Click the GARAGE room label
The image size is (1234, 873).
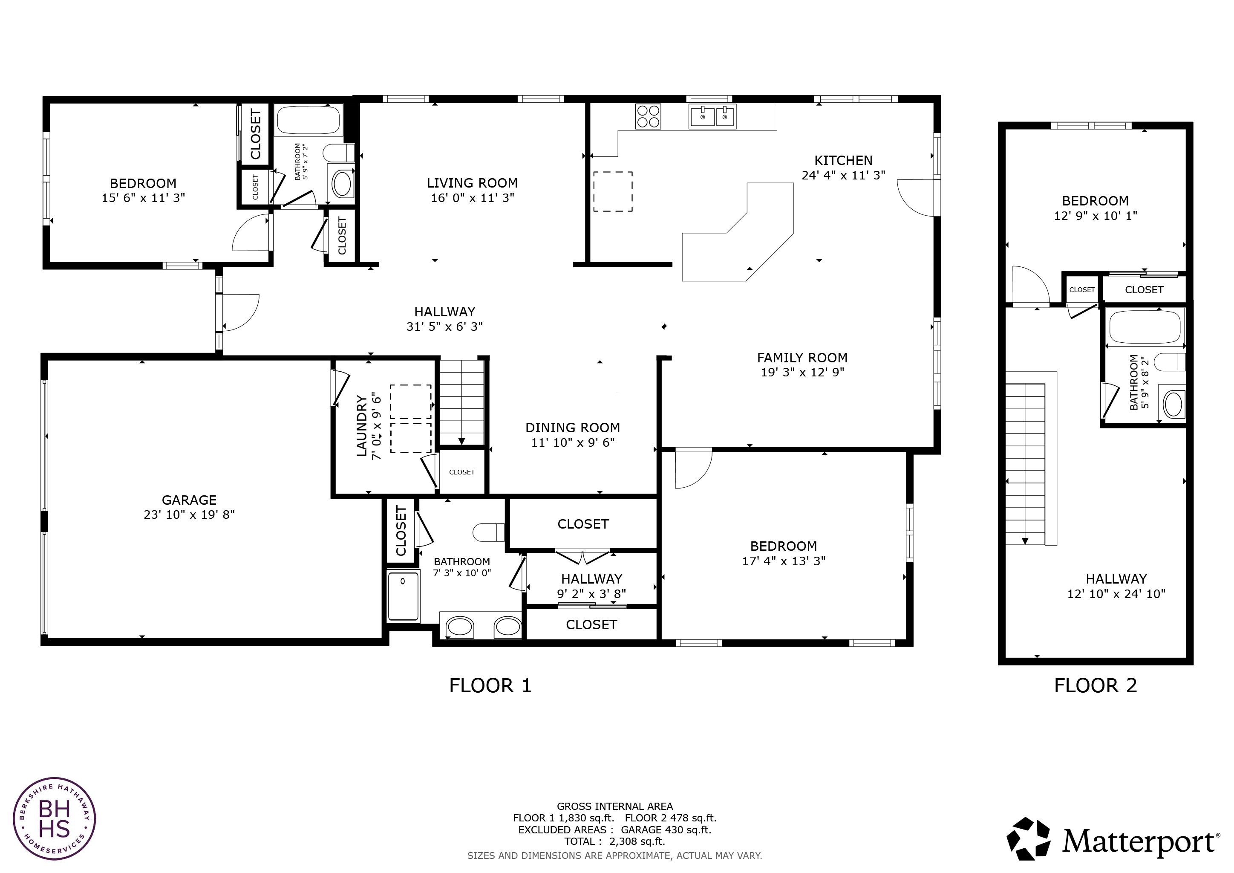coord(189,500)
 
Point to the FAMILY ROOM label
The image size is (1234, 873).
coord(802,358)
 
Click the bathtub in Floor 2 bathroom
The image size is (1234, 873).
coord(1144,327)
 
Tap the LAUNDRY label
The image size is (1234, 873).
coord(362,426)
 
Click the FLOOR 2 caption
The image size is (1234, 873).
coord(1096,686)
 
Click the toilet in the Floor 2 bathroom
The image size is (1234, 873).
coord(1170,362)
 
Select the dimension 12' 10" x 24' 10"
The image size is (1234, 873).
coord(1116,594)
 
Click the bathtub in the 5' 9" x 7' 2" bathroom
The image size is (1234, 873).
coord(308,120)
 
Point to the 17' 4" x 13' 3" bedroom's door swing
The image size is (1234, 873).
coord(692,469)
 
